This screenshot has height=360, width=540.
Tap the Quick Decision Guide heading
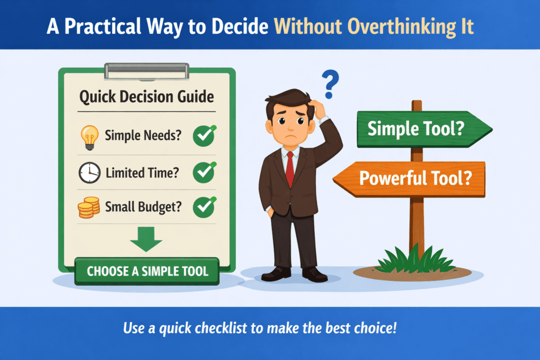point(147,97)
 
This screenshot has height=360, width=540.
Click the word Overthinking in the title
point(379,26)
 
